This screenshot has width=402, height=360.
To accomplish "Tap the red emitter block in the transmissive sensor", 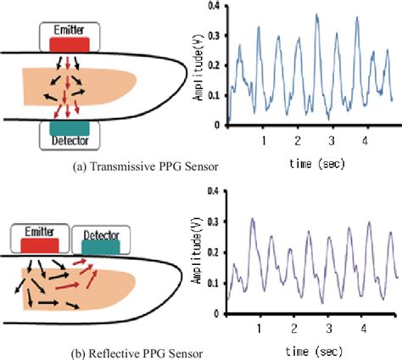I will click(69, 42).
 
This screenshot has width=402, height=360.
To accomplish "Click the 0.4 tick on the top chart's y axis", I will click(216, 8).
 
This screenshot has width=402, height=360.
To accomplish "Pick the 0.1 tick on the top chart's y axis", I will click(216, 95).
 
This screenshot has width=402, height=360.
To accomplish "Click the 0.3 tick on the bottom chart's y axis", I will click(216, 221).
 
